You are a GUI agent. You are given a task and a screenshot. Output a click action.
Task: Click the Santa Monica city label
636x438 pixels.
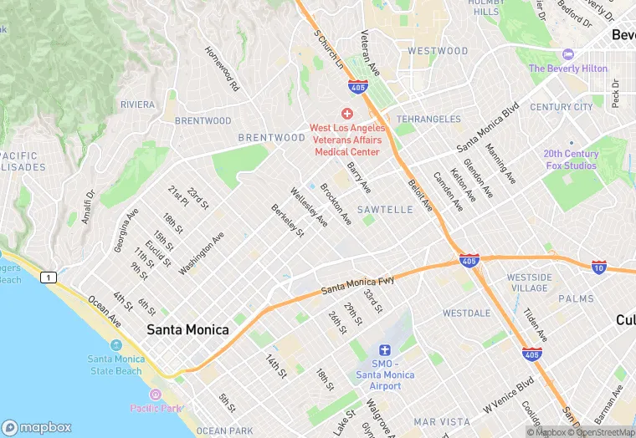(x=187, y=330)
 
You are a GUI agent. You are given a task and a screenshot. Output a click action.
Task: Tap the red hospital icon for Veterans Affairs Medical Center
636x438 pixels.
(x=347, y=114)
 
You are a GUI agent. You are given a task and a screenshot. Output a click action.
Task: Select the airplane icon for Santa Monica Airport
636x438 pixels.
(x=385, y=349)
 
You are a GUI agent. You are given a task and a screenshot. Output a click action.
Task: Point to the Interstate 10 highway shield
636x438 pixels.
(x=598, y=267)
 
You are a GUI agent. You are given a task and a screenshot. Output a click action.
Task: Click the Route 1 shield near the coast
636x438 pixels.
(x=50, y=277)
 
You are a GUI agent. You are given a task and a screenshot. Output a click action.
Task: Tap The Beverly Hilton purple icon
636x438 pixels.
(x=568, y=54)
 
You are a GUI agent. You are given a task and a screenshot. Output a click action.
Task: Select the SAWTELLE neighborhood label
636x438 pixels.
(x=385, y=210)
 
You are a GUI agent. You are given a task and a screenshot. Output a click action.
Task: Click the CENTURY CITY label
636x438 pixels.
(x=561, y=107)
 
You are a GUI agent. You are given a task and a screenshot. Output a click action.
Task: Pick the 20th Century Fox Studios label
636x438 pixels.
(x=570, y=160)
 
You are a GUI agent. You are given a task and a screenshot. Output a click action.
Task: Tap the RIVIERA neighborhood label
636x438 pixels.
(x=137, y=104)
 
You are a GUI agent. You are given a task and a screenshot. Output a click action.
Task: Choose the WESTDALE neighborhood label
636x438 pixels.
(x=467, y=313)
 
